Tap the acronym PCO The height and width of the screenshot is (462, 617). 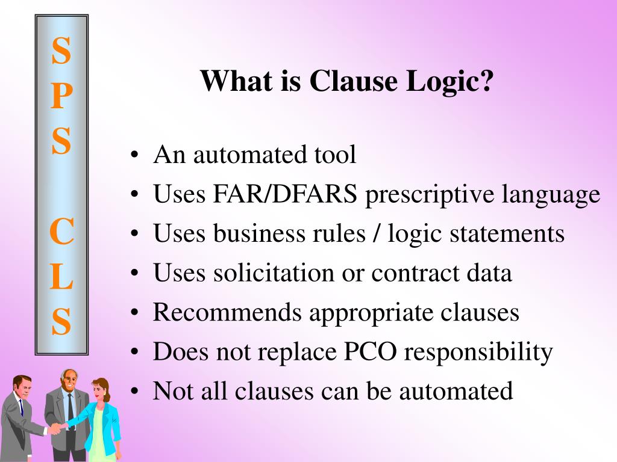(369, 352)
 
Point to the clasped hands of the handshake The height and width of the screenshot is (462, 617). (55, 428)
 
